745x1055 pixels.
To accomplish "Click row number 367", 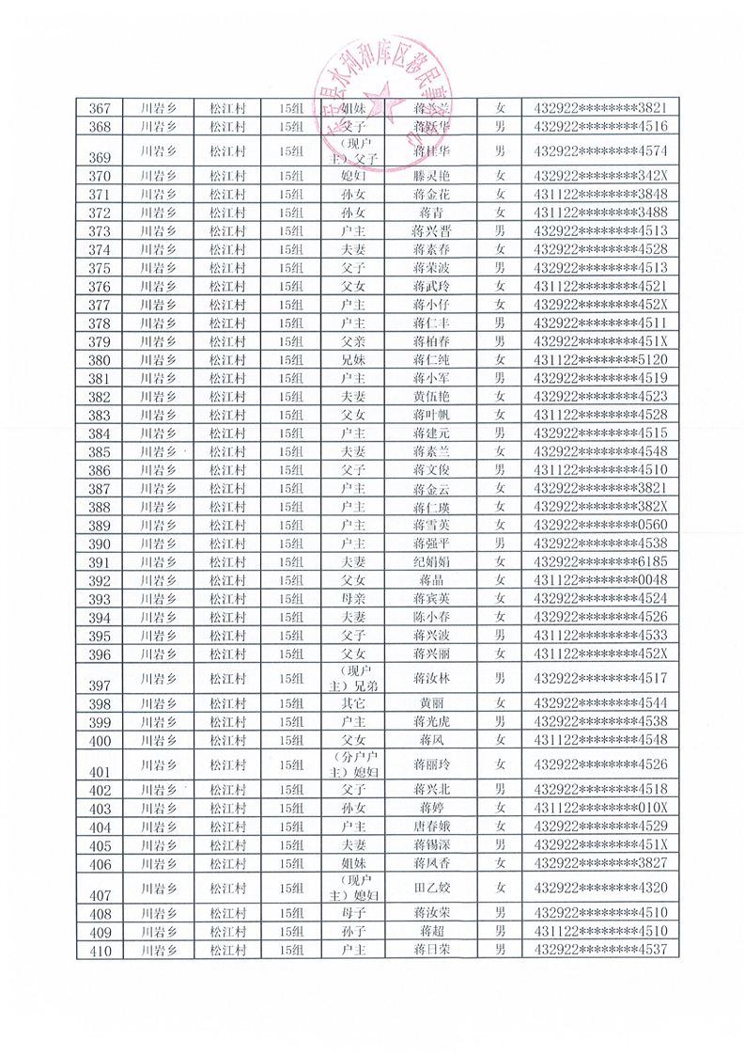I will pos(100,108).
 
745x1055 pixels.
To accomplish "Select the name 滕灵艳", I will pos(431,177).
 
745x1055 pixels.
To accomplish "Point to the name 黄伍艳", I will pos(431,397).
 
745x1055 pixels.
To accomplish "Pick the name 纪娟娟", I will pos(431,561).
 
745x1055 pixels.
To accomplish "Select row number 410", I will pos(100,950).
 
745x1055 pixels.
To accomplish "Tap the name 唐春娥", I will pos(431,827).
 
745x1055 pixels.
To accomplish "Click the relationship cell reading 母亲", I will pos(354,598).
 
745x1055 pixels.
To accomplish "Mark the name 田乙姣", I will pos(431,887).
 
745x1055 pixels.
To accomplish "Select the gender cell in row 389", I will pos(501,525).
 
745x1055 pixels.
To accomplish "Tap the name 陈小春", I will pos(431,617).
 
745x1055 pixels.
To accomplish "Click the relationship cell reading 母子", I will pos(354,913).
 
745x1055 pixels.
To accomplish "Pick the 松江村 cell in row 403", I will pos(227,809).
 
